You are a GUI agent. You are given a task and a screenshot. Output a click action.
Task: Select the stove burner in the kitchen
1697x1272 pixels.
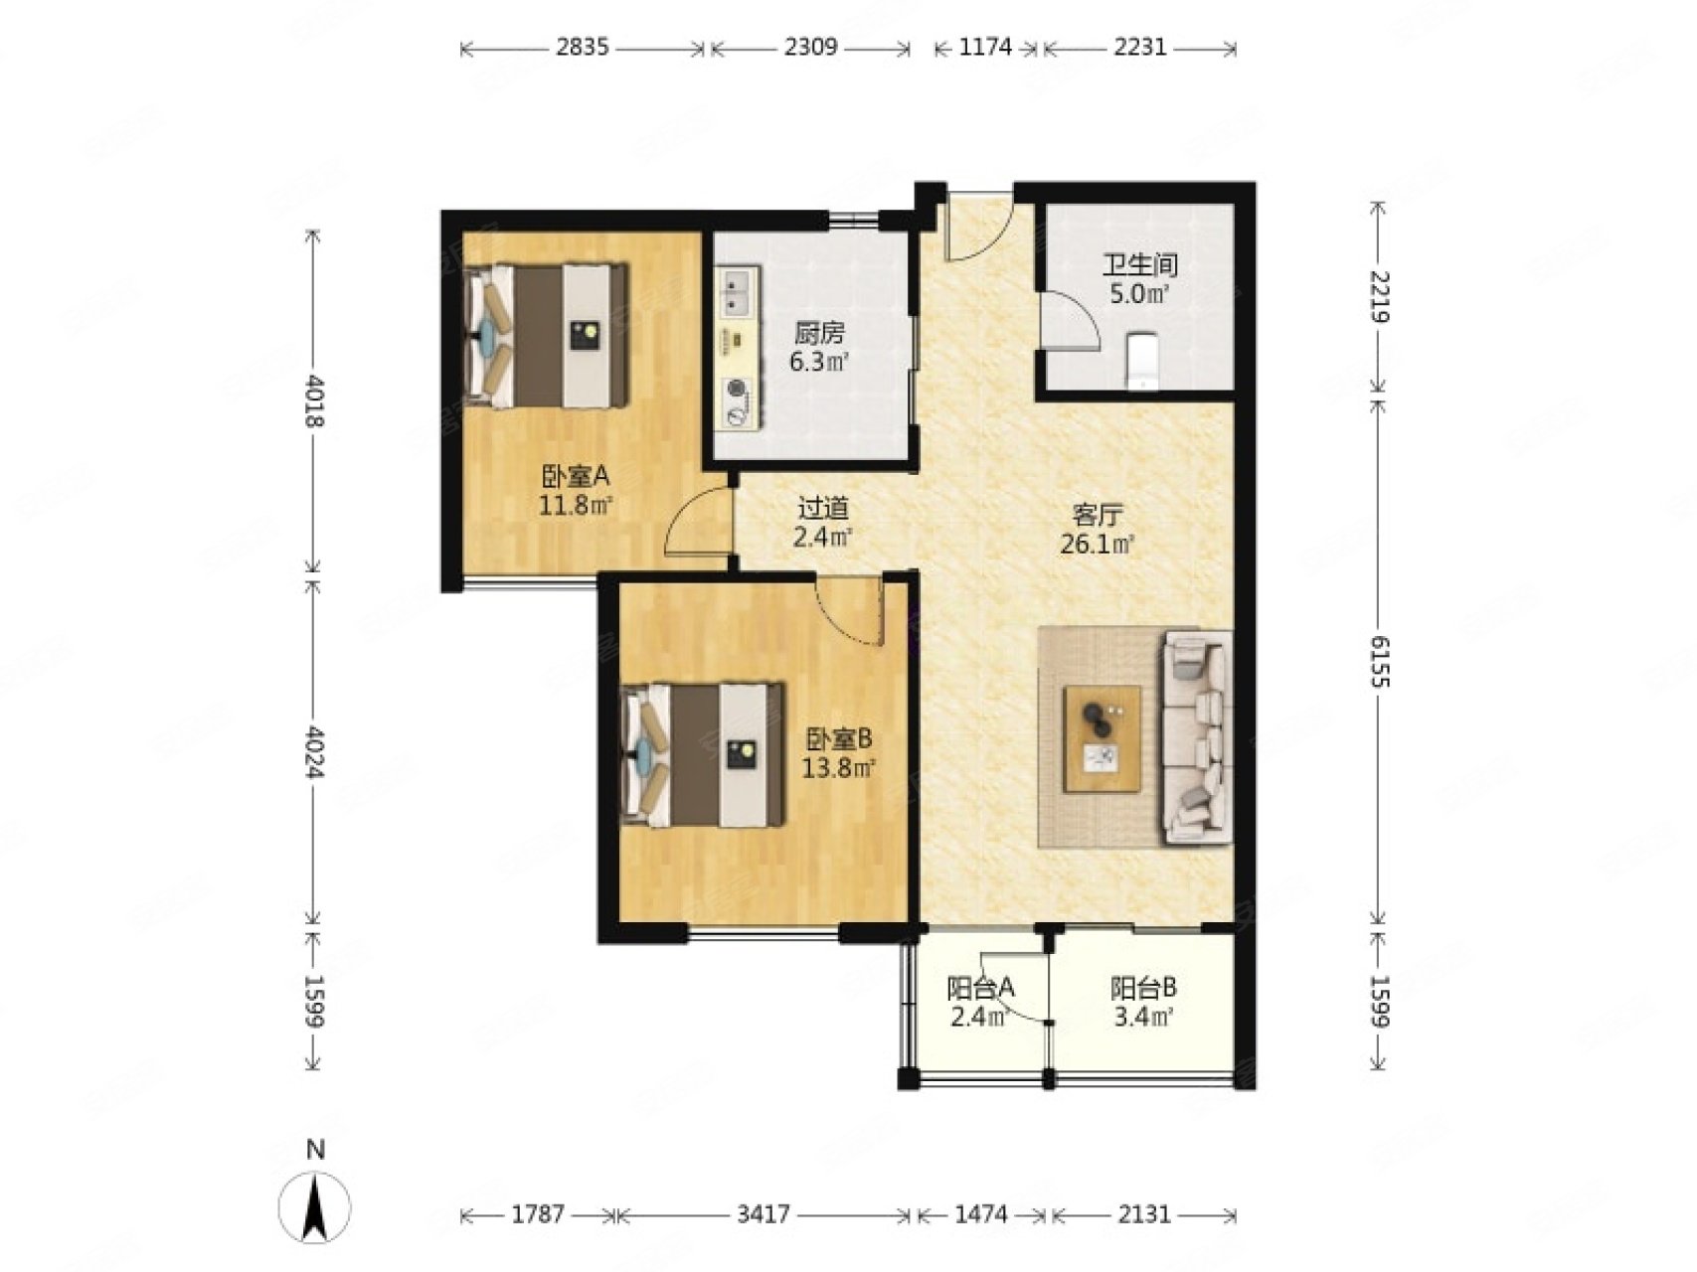[737, 401]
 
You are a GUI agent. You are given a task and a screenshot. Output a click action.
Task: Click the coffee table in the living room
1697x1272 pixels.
[1102, 738]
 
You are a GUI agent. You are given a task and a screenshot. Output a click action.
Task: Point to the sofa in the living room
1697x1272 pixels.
[1197, 737]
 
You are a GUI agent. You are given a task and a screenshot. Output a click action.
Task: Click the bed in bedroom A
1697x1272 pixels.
[547, 335]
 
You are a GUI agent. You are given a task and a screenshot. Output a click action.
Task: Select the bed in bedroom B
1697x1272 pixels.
[702, 754]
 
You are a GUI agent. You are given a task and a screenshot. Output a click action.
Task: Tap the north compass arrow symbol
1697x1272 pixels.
[315, 1206]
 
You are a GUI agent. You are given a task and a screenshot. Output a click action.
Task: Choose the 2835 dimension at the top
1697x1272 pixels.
[583, 47]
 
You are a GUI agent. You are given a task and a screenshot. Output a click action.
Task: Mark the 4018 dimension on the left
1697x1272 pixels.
[314, 400]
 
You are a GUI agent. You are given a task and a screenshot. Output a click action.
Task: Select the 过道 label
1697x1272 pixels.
[823, 509]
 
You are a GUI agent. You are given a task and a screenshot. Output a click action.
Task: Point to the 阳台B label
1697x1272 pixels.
[1143, 988]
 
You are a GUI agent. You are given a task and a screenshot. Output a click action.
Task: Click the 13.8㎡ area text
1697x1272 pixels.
[839, 767]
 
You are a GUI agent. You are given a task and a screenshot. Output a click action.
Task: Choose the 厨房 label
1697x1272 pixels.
[819, 334]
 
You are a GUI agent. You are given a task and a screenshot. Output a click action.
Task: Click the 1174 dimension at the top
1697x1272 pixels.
[986, 47]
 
